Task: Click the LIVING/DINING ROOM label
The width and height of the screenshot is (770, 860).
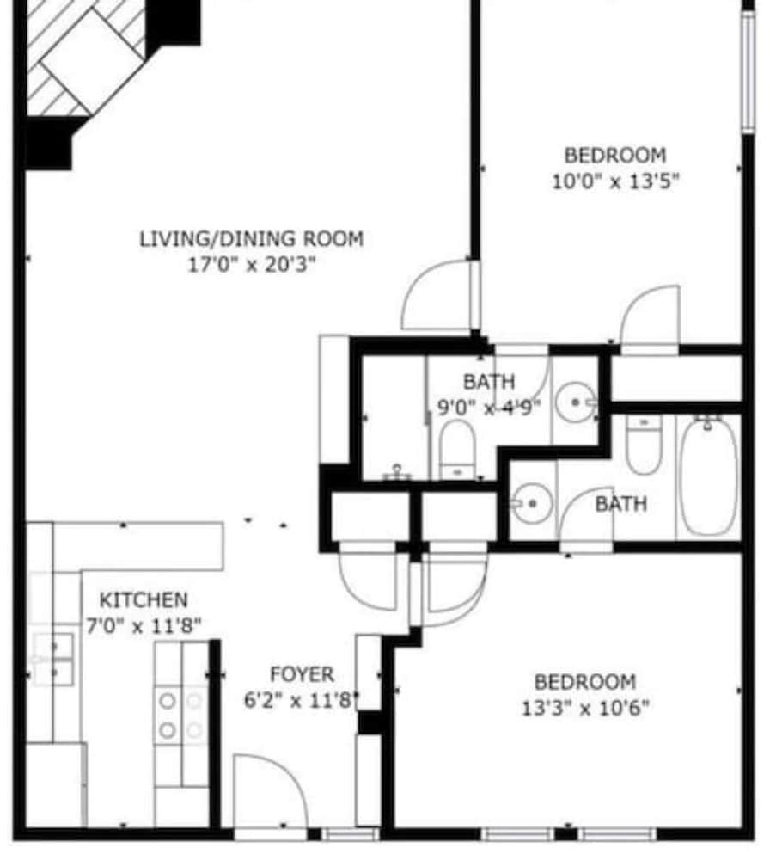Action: (x=252, y=239)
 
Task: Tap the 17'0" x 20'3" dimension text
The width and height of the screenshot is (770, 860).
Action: (x=252, y=265)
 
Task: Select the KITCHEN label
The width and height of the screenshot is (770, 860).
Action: (x=144, y=600)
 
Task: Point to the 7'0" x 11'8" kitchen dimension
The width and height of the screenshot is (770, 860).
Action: (x=144, y=625)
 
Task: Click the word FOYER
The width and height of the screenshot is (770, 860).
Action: (x=302, y=674)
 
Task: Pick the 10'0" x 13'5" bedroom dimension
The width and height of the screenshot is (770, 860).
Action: (x=615, y=181)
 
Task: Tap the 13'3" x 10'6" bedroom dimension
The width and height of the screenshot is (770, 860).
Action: (x=585, y=708)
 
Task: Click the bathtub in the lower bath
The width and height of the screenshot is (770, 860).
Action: (x=709, y=476)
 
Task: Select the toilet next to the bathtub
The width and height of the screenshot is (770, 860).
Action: (x=644, y=445)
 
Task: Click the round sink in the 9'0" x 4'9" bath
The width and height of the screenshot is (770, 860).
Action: (x=575, y=402)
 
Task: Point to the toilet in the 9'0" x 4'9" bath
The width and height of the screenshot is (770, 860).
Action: (x=457, y=450)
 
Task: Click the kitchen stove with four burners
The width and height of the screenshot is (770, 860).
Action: (x=180, y=716)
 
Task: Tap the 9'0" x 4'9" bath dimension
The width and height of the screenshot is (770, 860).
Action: (x=489, y=408)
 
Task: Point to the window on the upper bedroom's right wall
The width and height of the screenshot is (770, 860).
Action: (x=749, y=71)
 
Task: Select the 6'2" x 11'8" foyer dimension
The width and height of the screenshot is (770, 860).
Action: (x=302, y=700)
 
